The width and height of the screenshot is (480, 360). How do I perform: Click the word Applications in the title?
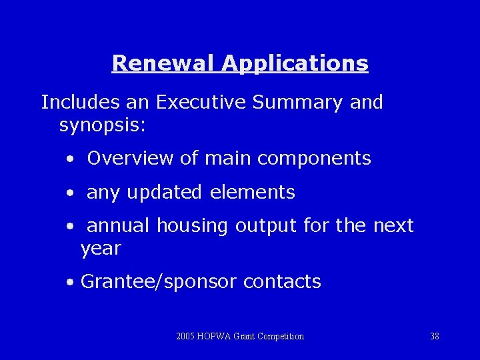click(x=295, y=63)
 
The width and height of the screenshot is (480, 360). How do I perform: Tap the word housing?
click(x=192, y=226)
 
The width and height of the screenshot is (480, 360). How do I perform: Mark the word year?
click(x=101, y=249)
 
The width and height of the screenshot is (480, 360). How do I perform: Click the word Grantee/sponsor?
click(x=159, y=282)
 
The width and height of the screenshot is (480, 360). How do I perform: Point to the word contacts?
click(x=282, y=281)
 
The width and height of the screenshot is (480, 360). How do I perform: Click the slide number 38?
click(x=435, y=336)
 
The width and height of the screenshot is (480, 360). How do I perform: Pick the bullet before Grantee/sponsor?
click(x=70, y=283)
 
